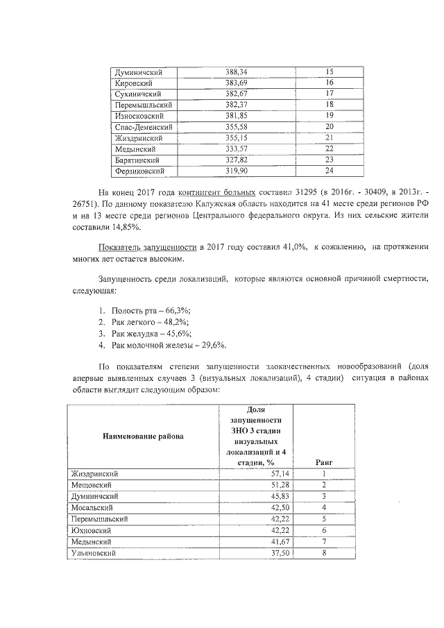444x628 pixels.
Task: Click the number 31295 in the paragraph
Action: [298, 192]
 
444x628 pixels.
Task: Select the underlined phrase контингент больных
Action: [216, 192]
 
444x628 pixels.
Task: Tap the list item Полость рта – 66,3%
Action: [151, 310]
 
